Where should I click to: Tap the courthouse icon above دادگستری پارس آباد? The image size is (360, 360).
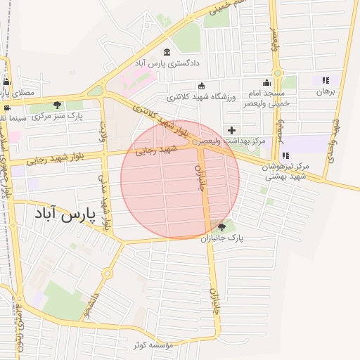tap(167, 52)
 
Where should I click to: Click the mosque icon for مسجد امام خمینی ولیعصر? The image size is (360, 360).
tap(266, 82)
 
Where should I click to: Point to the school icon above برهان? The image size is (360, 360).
tap(325, 81)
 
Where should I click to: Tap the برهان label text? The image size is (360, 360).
tap(326, 92)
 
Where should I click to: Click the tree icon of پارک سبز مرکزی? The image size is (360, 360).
tap(58, 105)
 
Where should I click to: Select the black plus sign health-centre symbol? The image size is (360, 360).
tap(231, 129)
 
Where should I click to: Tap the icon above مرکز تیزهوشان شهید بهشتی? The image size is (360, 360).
tap(285, 155)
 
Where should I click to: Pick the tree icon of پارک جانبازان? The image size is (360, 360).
tap(222, 227)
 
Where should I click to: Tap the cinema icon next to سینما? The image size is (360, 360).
tap(6, 108)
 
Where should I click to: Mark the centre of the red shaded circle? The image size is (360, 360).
tap(180, 179)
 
